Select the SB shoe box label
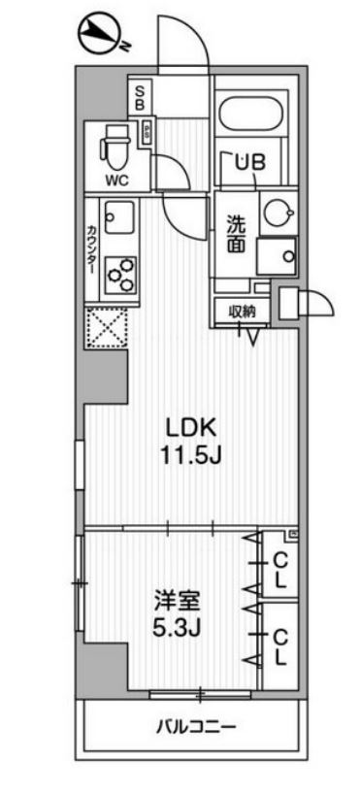pos(140,95)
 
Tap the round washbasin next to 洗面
pos(276,214)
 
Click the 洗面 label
pos(237,235)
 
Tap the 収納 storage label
pos(242,311)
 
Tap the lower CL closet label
pos(278,645)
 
